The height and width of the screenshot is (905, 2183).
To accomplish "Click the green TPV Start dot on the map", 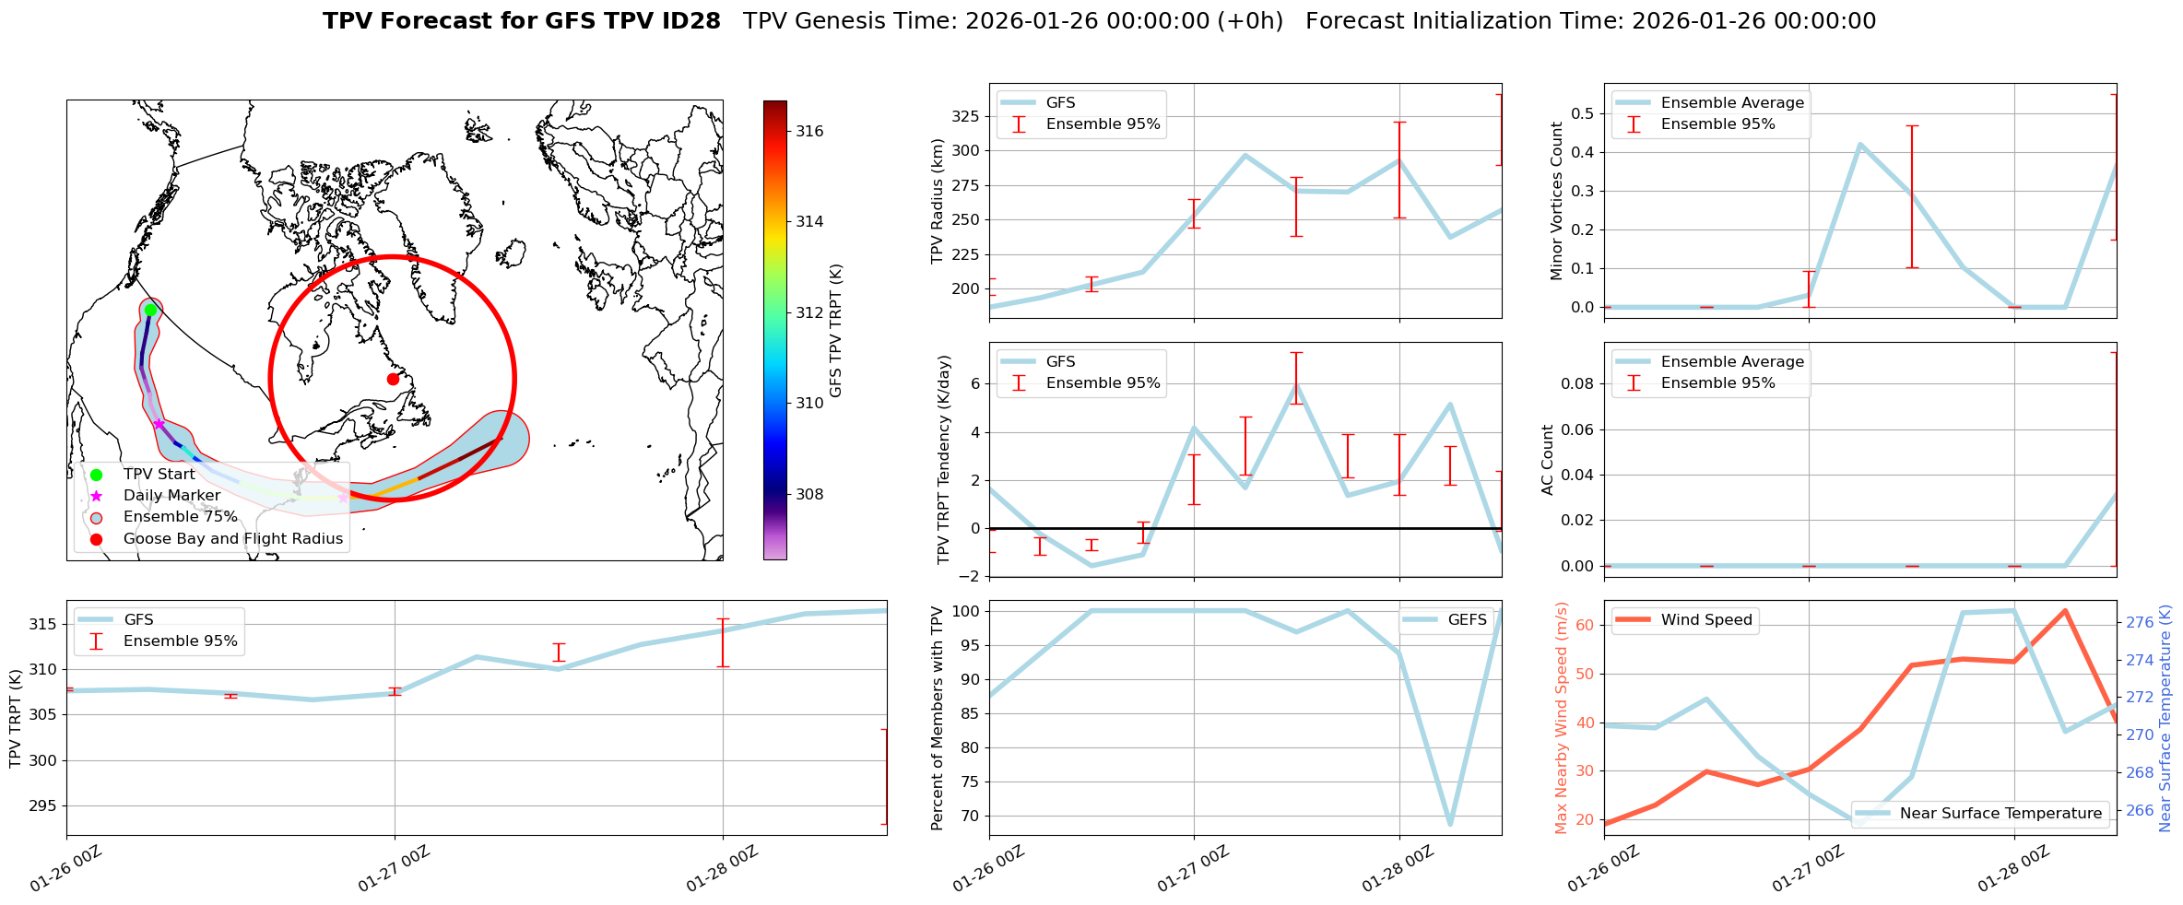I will pos(150,310).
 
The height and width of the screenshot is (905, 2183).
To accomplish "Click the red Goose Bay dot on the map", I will pos(393,379).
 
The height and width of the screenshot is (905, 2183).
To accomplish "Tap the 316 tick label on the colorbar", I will pos(809,131).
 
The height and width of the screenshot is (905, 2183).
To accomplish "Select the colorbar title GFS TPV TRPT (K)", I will pos(836,330).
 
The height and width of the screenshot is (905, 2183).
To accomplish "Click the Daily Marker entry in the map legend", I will pos(171,496).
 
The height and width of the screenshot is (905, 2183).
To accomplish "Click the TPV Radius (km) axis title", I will pos(938,201).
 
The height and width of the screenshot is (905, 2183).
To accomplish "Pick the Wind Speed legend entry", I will pos(1705,620).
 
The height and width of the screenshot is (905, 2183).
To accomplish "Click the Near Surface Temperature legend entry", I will pos(2000,813).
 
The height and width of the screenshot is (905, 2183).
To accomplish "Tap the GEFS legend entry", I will pos(1467,620).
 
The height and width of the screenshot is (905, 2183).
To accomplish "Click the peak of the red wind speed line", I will pos(2065,611).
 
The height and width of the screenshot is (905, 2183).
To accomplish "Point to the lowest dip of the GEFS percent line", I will pos(1450,824).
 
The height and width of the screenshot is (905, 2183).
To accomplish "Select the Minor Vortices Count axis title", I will pos(1557,201).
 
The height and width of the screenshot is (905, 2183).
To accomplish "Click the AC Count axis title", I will pos(1548,460).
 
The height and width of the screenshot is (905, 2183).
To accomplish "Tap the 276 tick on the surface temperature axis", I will pos(2141,622).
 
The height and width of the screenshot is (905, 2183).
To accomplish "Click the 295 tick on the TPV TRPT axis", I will pos(43,806).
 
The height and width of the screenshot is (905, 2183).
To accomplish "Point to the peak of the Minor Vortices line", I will pos(1860,145).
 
